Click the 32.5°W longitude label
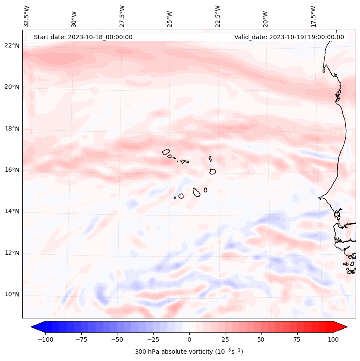(27, 16)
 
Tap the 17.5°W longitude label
(313, 16)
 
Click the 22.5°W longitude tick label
(218, 16)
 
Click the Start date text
(83, 37)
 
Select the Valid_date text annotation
(289, 37)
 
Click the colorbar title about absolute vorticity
(189, 352)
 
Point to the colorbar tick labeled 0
(189, 339)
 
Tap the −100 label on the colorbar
(45, 339)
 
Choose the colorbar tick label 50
(261, 339)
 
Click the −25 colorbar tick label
(153, 339)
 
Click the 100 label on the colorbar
(332, 339)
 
